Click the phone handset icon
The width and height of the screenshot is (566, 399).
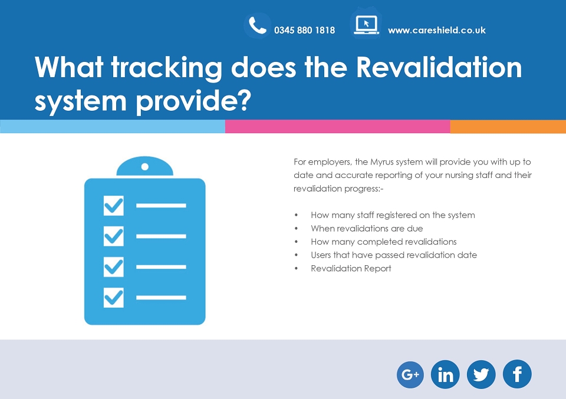(258, 25)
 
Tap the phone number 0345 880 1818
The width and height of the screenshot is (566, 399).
(304, 30)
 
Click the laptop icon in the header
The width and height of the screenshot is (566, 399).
(366, 25)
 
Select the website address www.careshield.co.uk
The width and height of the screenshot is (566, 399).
(437, 30)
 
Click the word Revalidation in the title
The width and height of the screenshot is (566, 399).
(439, 67)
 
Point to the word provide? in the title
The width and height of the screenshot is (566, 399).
(193, 101)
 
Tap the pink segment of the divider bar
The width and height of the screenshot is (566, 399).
(337, 127)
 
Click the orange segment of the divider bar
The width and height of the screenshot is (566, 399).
(508, 127)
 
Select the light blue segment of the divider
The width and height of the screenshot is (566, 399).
(113, 127)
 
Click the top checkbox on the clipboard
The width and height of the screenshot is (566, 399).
(113, 206)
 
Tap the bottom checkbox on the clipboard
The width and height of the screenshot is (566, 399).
(113, 298)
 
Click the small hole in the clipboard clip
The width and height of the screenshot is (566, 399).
(145, 167)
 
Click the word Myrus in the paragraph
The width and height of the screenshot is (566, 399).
(382, 162)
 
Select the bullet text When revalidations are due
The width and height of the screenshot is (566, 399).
(367, 228)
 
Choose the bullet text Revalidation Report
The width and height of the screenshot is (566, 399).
(351, 268)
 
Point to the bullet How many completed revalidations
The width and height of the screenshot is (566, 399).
(384, 242)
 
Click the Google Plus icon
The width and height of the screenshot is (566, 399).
(410, 374)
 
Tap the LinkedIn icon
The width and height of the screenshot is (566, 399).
(445, 374)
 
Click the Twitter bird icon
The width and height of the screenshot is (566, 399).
(481, 374)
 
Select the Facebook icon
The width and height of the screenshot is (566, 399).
(517, 374)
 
